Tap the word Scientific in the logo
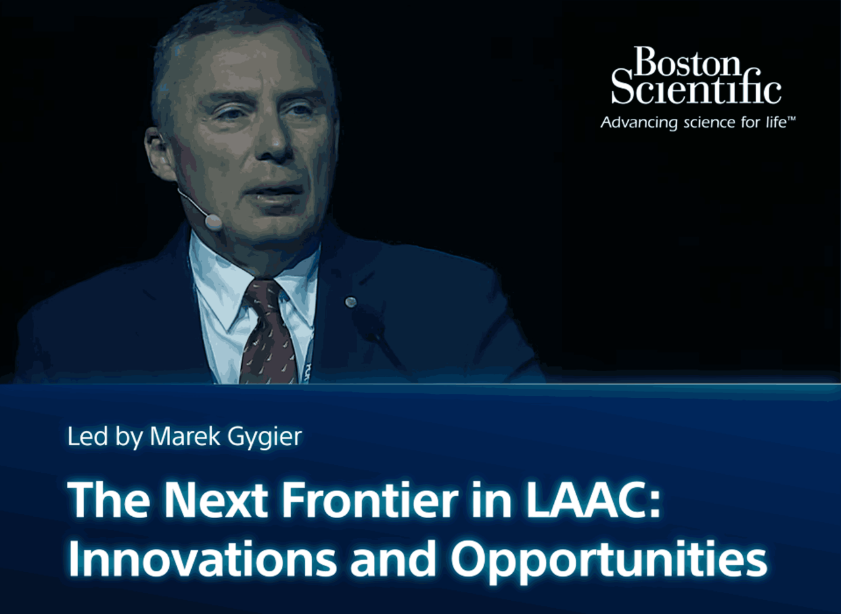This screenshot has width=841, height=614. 696,89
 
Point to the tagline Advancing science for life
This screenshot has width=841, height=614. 693,123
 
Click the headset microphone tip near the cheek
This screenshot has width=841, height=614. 213,221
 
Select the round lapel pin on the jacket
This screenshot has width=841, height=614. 350,301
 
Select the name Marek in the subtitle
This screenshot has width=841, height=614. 185,436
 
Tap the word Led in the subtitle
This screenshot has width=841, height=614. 87,436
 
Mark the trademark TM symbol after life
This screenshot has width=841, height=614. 790,119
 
